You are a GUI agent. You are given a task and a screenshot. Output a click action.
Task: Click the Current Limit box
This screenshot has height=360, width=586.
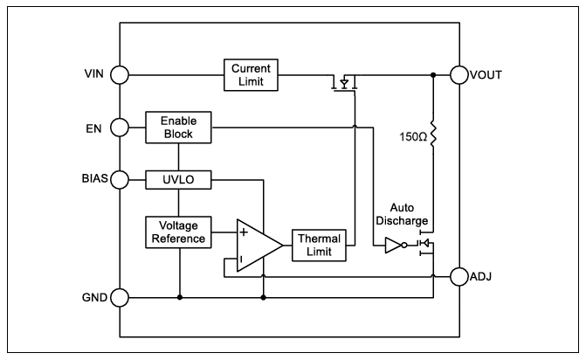[x=251, y=75]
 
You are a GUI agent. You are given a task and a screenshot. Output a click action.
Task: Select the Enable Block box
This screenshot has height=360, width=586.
[x=178, y=128]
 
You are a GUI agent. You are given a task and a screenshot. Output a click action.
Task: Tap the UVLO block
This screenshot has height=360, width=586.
[x=178, y=180]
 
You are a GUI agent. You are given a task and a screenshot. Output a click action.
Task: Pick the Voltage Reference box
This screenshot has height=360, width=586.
[x=178, y=232]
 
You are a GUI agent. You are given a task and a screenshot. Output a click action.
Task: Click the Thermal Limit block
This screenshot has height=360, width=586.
[x=319, y=246]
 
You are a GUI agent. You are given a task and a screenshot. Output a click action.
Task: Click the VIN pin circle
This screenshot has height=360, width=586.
[x=120, y=75]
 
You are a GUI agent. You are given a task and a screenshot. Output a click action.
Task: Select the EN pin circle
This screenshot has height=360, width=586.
[x=120, y=128]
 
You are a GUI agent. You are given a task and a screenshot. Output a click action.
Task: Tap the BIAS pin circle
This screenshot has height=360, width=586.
[x=120, y=180]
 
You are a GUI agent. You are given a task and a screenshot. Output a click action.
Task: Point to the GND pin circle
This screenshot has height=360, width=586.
[x=120, y=298]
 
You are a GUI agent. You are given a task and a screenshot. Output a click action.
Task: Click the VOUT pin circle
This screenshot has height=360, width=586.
[x=459, y=75]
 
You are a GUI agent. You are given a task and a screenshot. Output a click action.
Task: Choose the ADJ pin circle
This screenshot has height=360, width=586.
[x=459, y=277]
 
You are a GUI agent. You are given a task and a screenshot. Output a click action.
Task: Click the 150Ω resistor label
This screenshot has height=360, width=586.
[x=413, y=137]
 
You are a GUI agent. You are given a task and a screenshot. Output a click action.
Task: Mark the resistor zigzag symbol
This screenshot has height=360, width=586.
[x=433, y=134]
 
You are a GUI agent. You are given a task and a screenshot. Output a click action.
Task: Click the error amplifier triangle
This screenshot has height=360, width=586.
[x=259, y=246]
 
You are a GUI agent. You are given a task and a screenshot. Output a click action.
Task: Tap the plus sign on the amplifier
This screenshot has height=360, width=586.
[x=244, y=232]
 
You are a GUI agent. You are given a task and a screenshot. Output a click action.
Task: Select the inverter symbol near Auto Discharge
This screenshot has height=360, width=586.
[x=396, y=246]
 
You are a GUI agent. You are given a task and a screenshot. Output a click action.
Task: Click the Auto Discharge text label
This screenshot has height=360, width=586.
[x=402, y=214]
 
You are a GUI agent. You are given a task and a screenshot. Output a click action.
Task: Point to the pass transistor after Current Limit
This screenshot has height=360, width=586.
[x=344, y=83]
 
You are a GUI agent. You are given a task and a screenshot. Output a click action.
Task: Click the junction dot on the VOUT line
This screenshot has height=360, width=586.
[x=433, y=75]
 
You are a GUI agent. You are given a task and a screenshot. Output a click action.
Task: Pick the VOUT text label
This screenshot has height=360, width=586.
[x=486, y=75]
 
